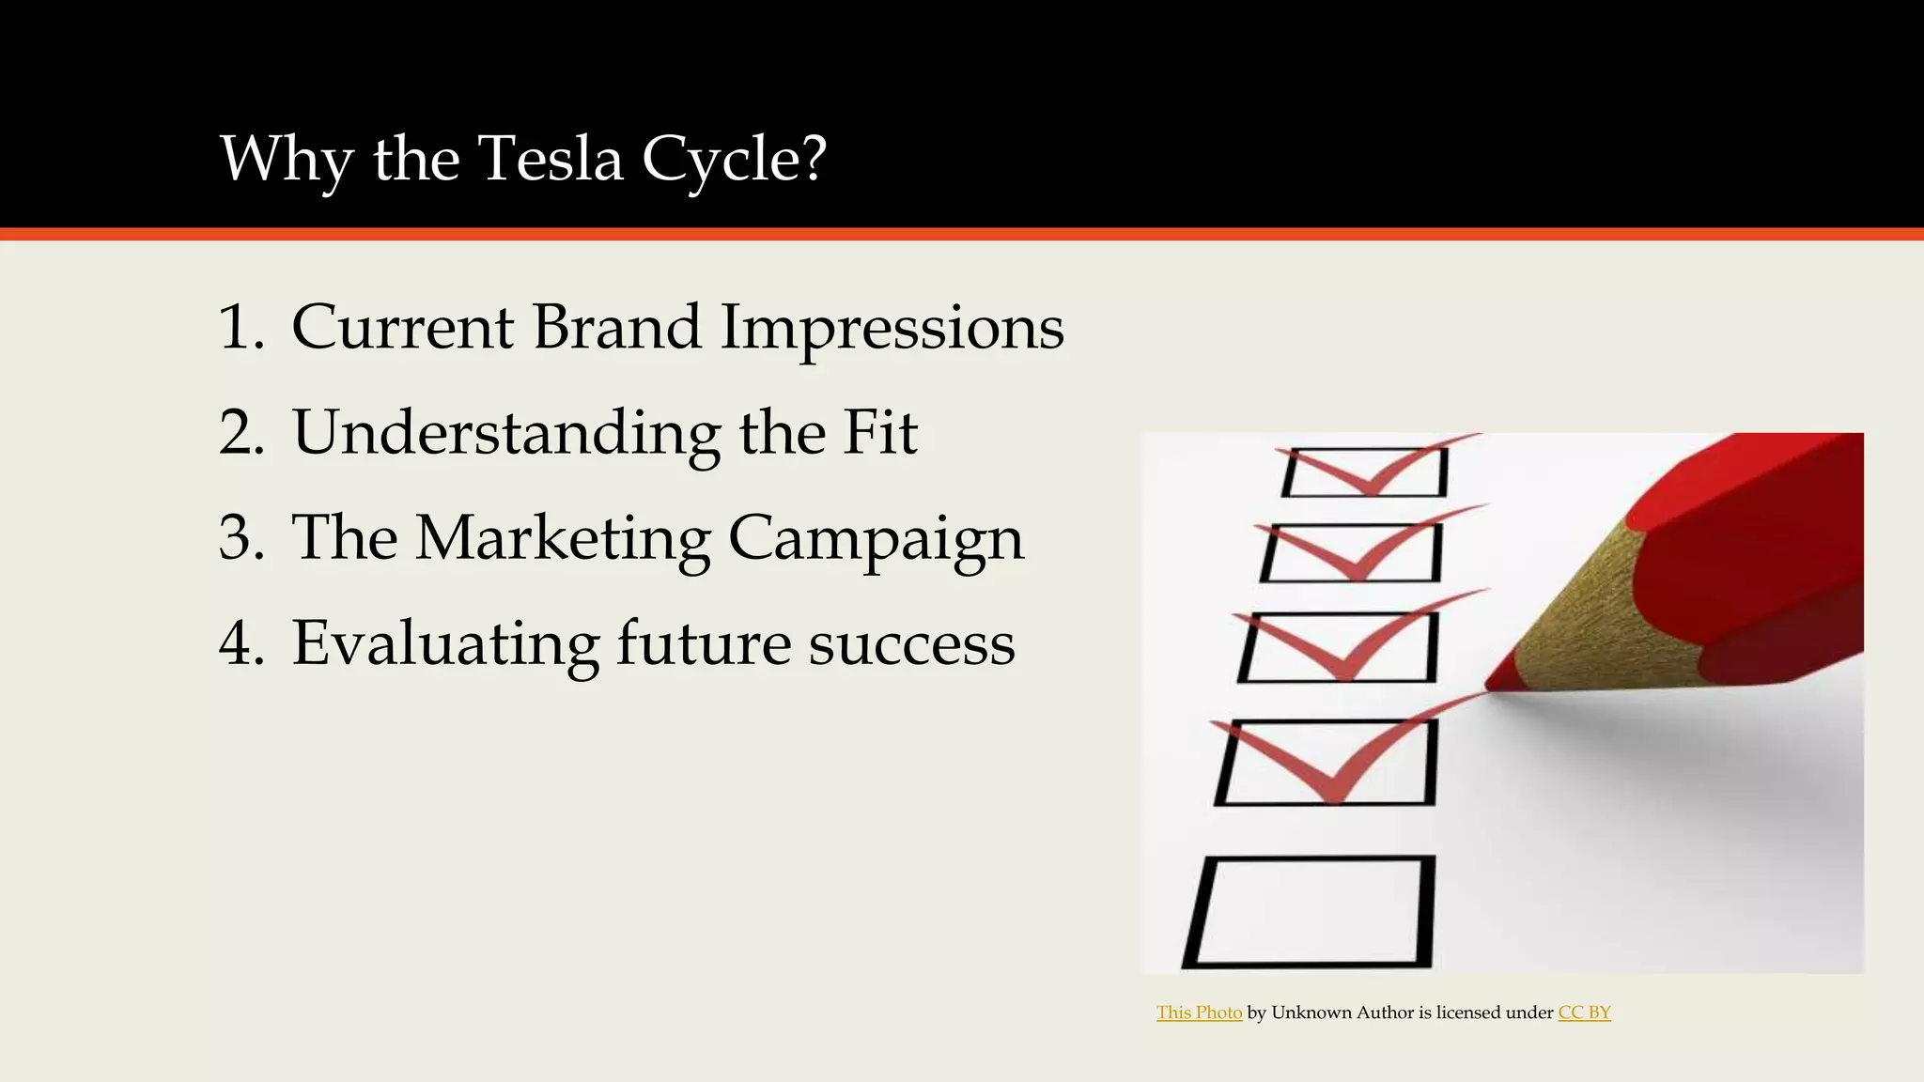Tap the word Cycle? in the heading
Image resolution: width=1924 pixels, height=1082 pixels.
point(734,160)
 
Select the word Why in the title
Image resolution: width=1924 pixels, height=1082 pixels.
point(287,160)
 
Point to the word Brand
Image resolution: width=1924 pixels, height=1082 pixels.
point(616,328)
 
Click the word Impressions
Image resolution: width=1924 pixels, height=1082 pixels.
point(892,330)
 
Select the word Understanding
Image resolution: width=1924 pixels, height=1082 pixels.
point(506,434)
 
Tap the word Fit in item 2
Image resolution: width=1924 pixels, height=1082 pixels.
point(879,433)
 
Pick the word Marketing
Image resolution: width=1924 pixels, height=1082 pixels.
point(562,540)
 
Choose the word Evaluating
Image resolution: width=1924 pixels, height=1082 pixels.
point(445,644)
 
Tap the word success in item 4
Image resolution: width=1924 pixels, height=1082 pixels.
point(911,645)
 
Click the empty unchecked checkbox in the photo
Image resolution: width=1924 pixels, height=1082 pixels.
point(1310,911)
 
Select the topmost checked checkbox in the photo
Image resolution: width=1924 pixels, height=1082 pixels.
point(1364,472)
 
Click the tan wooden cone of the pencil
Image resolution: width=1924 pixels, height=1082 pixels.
point(1588,611)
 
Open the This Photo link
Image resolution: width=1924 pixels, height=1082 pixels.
point(1199,1012)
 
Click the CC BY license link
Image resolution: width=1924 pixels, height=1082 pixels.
point(1584,1012)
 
